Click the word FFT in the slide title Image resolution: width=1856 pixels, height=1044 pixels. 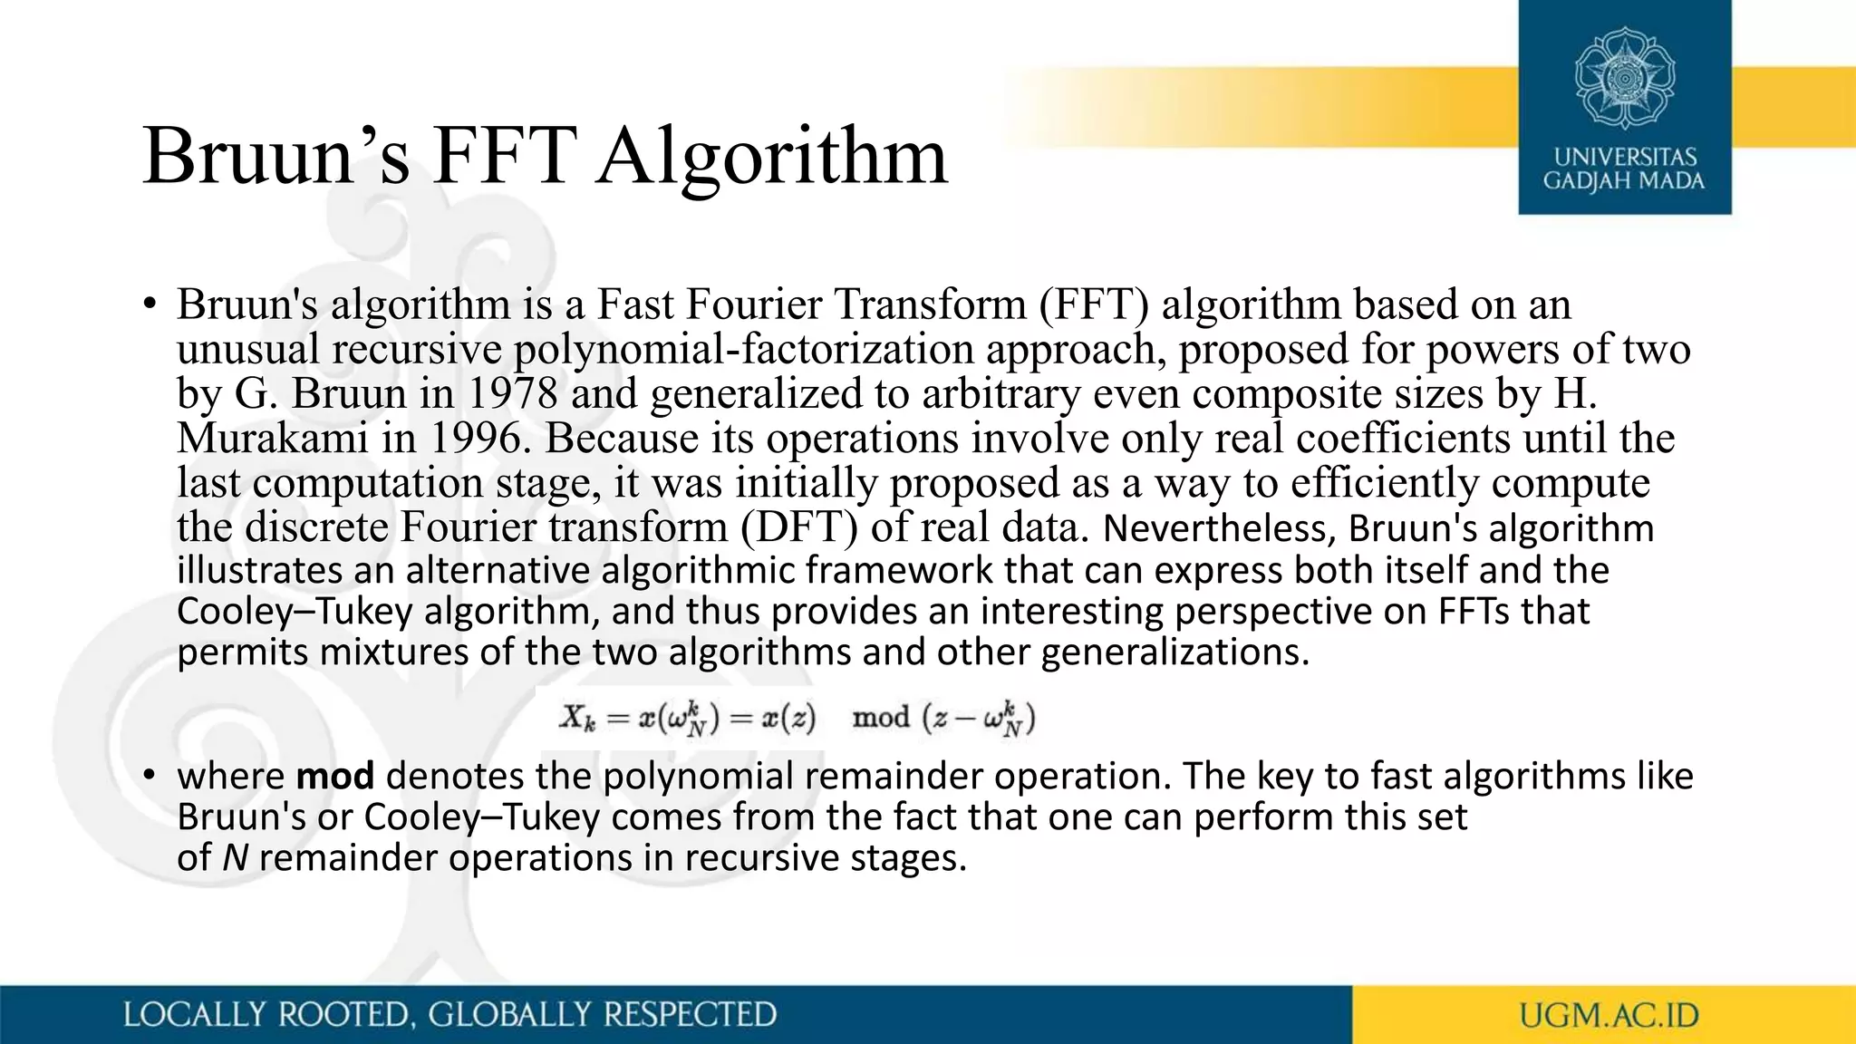[505, 156]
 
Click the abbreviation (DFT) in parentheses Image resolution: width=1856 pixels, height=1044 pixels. [798, 527]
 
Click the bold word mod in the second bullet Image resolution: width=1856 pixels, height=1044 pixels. [335, 776]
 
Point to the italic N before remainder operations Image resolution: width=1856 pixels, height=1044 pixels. [235, 857]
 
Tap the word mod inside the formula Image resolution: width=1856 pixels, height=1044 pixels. [881, 719]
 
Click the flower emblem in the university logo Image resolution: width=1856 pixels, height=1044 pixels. [1624, 78]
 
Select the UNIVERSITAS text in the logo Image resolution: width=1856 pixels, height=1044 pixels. [1624, 157]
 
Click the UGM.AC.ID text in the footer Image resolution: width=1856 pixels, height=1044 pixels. [1609, 1015]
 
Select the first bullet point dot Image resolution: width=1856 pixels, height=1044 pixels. [150, 304]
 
